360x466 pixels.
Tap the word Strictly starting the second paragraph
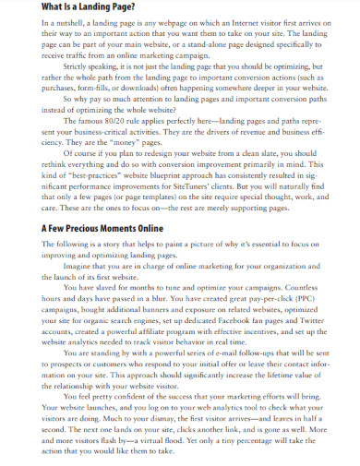(78, 67)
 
